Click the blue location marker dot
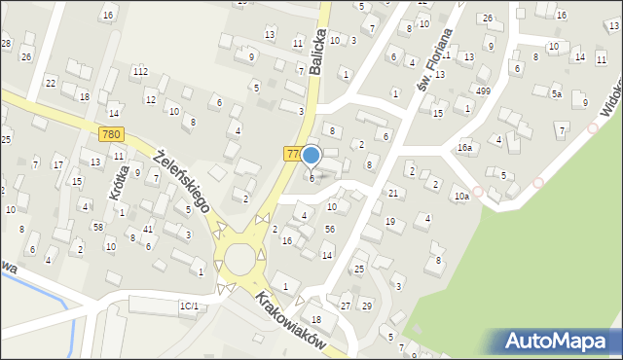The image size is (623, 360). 311,155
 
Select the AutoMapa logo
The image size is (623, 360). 560,341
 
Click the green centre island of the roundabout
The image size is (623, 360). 239,259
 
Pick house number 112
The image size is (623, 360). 140,71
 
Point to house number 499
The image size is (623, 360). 483,90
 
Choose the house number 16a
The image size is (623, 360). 465,148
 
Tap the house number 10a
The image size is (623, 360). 460,196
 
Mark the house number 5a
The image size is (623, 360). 557,94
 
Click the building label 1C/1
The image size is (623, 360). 189,306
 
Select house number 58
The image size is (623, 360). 98,227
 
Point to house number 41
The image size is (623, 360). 148,229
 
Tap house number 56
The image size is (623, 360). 330,229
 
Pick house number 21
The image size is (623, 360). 393,194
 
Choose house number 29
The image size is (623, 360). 366,306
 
